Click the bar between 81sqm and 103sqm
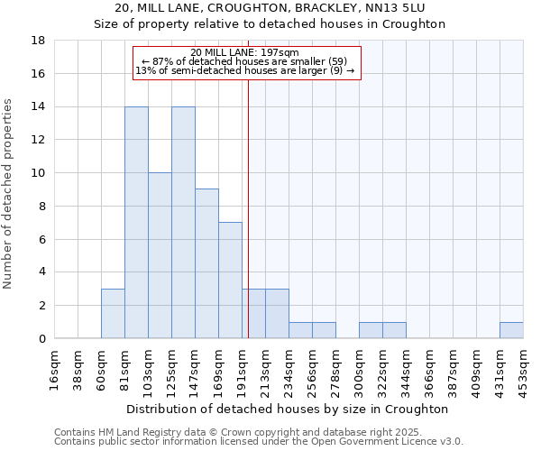click(x=136, y=223)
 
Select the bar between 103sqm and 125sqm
click(x=160, y=255)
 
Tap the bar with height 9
click(x=206, y=263)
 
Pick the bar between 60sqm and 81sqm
click(x=113, y=313)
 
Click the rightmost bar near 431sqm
click(x=511, y=330)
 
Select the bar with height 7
click(x=230, y=281)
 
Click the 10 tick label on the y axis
click(x=40, y=173)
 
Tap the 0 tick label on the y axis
click(x=42, y=339)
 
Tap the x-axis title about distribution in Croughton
click(x=289, y=409)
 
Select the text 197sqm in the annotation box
click(x=280, y=52)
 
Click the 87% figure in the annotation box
click(x=162, y=61)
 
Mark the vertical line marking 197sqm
click(x=248, y=225)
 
